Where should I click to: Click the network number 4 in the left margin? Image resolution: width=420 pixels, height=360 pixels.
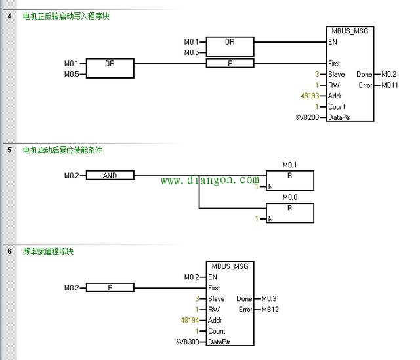point(9,16)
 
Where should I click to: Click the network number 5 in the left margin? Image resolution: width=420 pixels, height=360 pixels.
point(9,150)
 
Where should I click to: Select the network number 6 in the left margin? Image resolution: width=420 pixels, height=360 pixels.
point(9,250)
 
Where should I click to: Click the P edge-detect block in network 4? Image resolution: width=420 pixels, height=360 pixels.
point(230,63)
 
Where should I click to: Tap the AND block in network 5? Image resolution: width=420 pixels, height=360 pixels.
point(110,175)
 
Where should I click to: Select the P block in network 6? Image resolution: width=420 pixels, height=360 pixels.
point(110,287)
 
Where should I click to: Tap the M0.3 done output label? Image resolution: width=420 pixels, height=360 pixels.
point(270,298)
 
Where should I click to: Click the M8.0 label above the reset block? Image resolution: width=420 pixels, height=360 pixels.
point(289,196)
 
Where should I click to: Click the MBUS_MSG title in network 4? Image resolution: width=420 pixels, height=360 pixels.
point(349,31)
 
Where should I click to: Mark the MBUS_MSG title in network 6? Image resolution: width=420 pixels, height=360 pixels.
point(230,266)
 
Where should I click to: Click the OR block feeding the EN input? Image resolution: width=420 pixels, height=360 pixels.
point(230,42)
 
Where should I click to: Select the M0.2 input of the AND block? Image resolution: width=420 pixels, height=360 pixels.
point(71,175)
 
